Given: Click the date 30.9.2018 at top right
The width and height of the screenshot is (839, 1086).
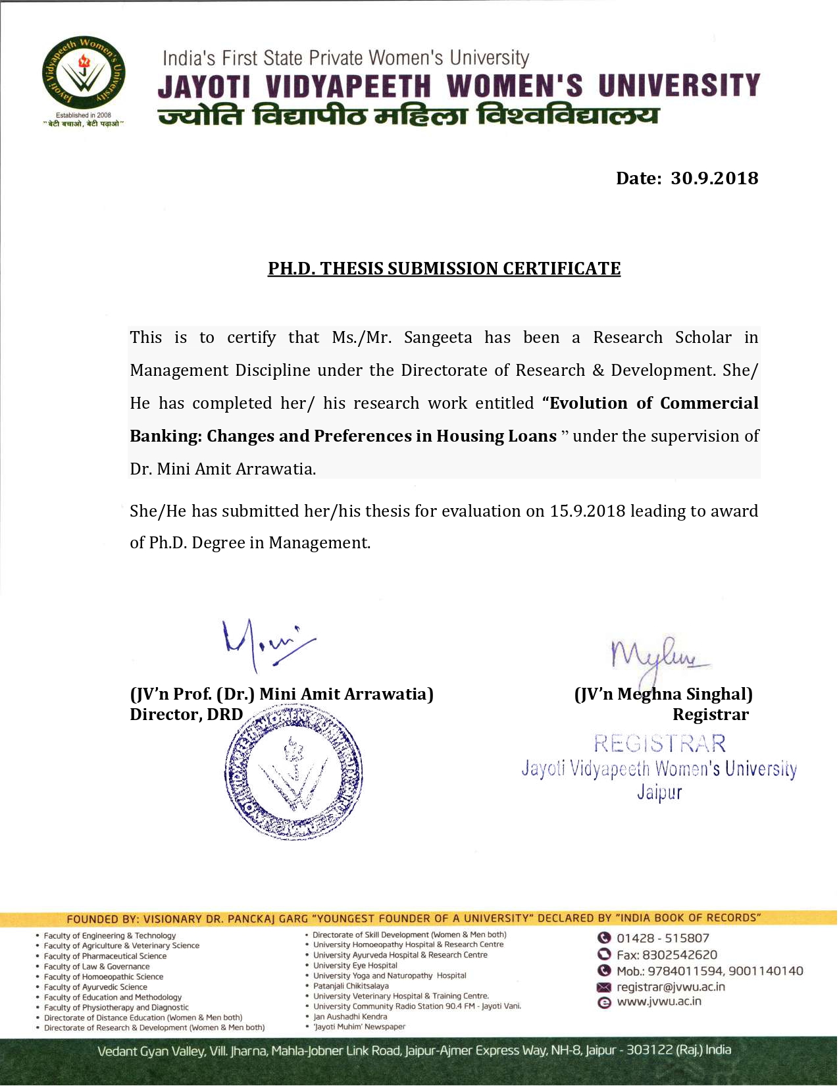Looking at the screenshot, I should (x=714, y=178).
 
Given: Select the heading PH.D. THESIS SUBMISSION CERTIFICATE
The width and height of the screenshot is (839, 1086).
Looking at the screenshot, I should (x=444, y=269).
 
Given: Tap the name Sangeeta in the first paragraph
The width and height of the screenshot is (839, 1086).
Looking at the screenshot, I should (x=438, y=338).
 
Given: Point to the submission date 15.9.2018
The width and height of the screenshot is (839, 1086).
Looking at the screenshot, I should (x=587, y=511).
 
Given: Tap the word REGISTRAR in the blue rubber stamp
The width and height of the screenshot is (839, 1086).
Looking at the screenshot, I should (x=659, y=744).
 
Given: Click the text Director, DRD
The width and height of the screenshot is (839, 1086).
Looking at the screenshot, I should (x=186, y=715).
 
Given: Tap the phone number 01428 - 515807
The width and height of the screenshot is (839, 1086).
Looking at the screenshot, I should (x=662, y=939).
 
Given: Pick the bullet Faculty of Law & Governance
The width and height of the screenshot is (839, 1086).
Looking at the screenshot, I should (x=96, y=967).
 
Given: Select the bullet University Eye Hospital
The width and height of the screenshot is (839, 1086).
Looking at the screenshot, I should (x=355, y=966).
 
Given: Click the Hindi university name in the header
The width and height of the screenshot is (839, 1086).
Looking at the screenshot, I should (x=408, y=116).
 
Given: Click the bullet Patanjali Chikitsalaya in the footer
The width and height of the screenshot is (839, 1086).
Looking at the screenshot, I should (x=351, y=986).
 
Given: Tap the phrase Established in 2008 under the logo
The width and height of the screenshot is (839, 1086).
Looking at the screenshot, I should (x=83, y=115).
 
